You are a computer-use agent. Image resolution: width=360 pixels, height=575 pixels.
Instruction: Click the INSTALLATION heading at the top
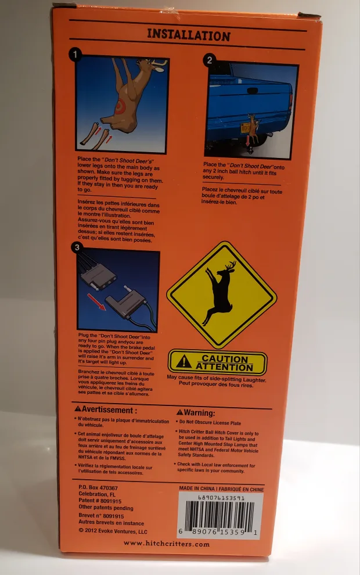(188, 35)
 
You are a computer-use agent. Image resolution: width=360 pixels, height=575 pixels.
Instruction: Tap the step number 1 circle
(75, 55)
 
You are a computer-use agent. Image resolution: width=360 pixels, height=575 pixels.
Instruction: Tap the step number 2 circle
(210, 59)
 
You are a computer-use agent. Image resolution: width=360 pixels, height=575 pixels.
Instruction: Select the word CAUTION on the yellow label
(225, 359)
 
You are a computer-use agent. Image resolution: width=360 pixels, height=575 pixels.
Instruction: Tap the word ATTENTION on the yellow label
(225, 367)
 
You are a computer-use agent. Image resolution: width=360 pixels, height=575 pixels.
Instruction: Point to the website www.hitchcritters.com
(166, 544)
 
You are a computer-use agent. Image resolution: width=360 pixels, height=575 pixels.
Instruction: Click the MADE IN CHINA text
(221, 489)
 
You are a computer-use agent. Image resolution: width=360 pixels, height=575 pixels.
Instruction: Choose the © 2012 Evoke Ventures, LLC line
(112, 531)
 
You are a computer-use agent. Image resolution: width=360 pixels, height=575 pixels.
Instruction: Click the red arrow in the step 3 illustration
(97, 301)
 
